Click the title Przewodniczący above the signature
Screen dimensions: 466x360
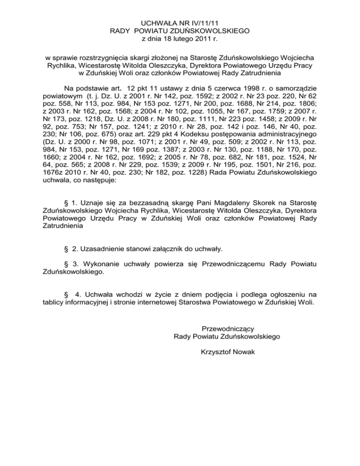point(227,327)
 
